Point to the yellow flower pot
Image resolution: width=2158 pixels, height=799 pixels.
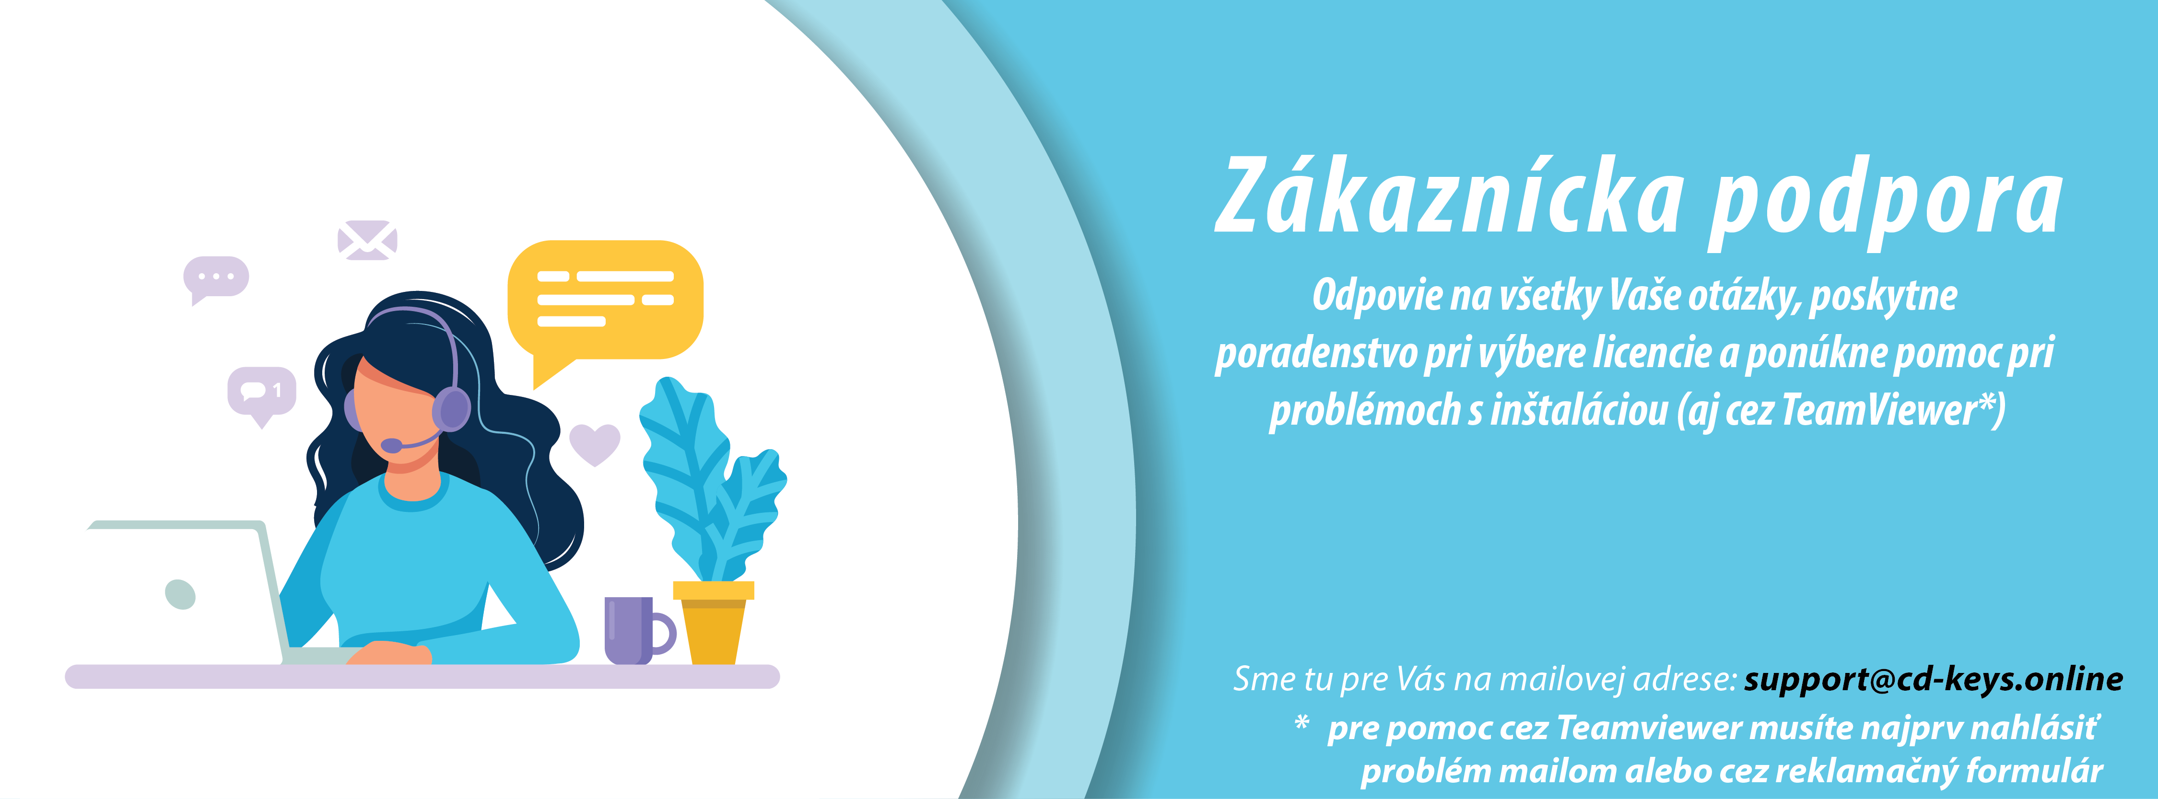click(713, 622)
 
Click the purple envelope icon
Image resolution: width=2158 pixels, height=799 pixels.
click(367, 240)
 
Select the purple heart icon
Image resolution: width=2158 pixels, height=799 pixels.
click(595, 443)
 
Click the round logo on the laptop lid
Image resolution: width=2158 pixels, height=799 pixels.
click(180, 594)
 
